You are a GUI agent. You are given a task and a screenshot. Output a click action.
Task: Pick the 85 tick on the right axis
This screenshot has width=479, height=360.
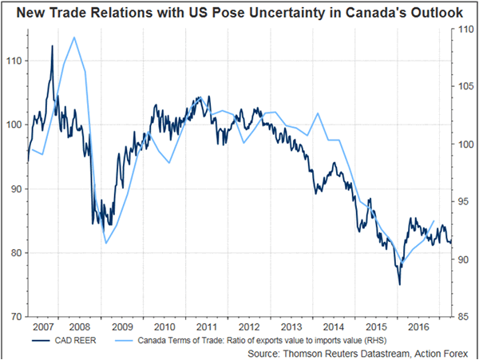[461, 317]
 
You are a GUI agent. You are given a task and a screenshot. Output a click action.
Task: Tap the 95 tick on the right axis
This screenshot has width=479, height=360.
[461, 202]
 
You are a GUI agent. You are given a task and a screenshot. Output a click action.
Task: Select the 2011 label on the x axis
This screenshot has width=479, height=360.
[206, 327]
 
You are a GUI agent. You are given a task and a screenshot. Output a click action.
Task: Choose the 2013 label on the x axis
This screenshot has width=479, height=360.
[289, 327]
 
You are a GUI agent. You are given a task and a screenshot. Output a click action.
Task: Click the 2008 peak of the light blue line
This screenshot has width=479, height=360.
[74, 38]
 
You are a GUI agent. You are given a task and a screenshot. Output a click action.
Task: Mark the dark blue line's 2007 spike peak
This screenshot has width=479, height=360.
[52, 46]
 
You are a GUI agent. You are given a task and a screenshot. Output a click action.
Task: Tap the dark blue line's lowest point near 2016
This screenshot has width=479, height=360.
[399, 284]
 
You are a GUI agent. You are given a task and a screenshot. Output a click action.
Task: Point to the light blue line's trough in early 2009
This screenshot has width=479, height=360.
[105, 243]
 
